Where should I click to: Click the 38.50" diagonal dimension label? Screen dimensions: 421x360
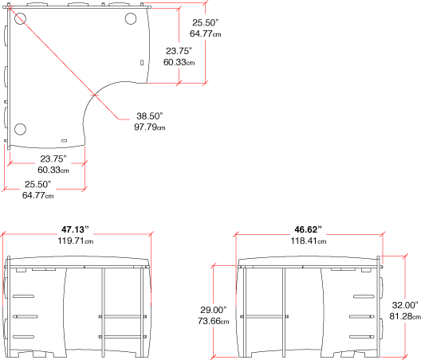point(150,116)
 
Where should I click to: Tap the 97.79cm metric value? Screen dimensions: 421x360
point(150,127)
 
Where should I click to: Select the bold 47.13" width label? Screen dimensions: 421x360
point(75,229)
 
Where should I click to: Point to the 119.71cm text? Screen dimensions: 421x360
point(76,241)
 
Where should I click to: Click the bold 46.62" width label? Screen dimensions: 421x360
point(308,229)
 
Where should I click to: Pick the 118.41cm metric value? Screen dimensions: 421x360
point(309,241)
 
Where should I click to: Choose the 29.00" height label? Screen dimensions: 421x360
point(214,310)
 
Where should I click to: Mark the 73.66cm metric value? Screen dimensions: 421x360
point(214,321)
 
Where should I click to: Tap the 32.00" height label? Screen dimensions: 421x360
point(405,305)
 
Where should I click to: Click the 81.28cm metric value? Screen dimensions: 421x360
point(405,316)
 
